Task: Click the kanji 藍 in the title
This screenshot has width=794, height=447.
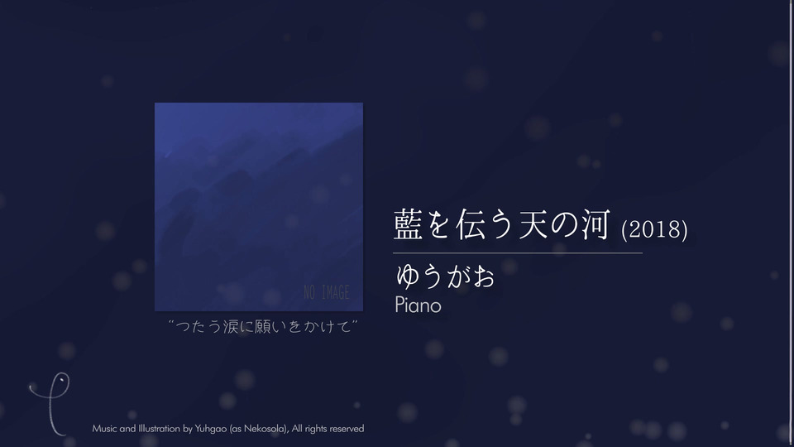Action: coord(408,224)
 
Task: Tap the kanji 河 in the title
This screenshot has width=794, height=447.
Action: coord(595,224)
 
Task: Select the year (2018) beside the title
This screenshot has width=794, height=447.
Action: coord(654,229)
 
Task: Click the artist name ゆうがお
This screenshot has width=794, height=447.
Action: coord(445,276)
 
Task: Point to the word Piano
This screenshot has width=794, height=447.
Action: coord(419,305)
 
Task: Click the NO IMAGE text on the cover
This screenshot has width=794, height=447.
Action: coord(327,292)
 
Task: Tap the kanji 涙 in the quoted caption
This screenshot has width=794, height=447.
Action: coord(230,326)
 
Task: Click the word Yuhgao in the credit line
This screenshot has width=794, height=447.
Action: coord(211,429)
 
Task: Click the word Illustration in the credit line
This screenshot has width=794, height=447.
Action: coord(159,429)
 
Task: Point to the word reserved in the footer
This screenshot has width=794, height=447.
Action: coord(347,429)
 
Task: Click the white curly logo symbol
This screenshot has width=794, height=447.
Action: coord(50,406)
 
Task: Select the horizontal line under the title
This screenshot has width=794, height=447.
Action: coord(518,252)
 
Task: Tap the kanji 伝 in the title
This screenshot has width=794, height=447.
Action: coord(471,224)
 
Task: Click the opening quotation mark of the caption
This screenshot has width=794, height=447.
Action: coord(171,322)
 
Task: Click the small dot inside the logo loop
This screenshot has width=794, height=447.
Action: coord(60,380)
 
